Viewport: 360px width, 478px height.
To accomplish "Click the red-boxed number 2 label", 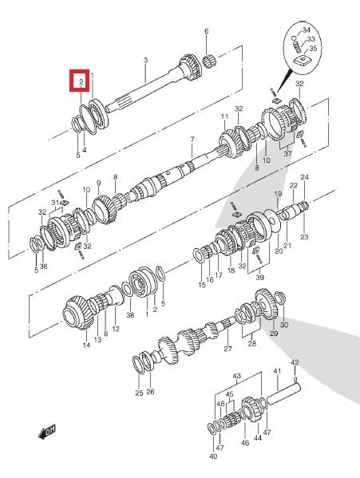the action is pyautogui.click(x=81, y=81).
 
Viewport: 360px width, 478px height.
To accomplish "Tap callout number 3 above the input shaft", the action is pyautogui.click(x=145, y=61).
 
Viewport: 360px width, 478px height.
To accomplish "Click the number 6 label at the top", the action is pyautogui.click(x=207, y=31).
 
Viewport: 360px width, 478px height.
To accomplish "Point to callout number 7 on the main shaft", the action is pyautogui.click(x=192, y=140).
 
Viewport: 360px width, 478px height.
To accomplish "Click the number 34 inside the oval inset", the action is pyautogui.click(x=307, y=30).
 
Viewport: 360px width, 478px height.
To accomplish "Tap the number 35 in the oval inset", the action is pyautogui.click(x=313, y=49).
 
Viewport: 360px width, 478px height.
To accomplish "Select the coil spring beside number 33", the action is pyautogui.click(x=297, y=47).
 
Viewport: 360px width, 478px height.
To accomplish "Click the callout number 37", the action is pyautogui.click(x=287, y=154).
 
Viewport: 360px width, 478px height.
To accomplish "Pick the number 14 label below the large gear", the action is pyautogui.click(x=86, y=345).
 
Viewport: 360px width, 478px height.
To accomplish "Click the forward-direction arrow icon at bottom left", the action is pyautogui.click(x=47, y=432).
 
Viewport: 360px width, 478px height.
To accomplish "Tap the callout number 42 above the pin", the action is pyautogui.click(x=295, y=362).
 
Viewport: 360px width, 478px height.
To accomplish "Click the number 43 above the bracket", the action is pyautogui.click(x=237, y=376).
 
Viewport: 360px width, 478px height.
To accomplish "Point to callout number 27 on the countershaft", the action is pyautogui.click(x=227, y=349).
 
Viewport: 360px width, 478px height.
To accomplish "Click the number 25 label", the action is pyautogui.click(x=139, y=393).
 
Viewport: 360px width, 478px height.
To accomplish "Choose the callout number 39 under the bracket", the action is pyautogui.click(x=260, y=278).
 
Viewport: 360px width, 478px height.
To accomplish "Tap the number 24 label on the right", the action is pyautogui.click(x=304, y=177).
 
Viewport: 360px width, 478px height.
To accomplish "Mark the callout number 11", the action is pyautogui.click(x=224, y=117).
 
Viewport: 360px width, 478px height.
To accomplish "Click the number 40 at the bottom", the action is pyautogui.click(x=213, y=456).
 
